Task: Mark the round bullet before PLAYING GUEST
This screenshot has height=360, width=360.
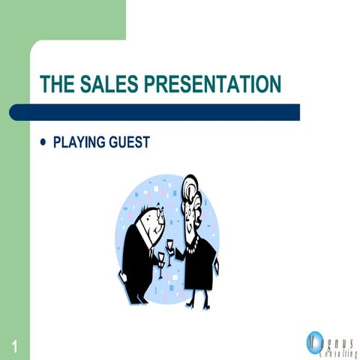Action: pos(42,141)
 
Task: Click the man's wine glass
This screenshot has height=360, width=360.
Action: pos(160,259)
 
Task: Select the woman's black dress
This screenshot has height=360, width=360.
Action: pos(199,262)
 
